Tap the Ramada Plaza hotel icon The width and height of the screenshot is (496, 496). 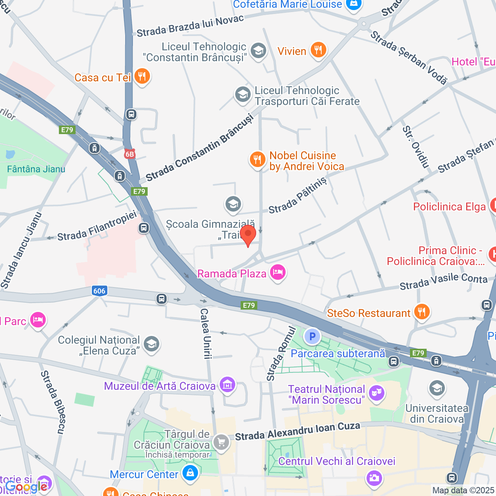(278, 272)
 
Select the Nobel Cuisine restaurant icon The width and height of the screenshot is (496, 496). (257, 160)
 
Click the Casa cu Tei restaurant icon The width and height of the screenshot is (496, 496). (142, 77)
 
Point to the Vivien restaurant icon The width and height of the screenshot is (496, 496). (318, 50)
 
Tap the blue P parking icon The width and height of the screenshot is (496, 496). (312, 336)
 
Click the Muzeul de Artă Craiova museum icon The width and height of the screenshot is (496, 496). (227, 385)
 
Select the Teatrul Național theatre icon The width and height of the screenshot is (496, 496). (376, 393)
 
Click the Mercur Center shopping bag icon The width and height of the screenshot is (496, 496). (190, 473)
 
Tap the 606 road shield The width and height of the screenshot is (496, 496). (99, 291)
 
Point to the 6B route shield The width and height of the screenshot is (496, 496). (129, 154)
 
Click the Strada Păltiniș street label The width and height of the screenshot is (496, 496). (298, 196)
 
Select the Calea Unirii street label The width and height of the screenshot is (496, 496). (205, 333)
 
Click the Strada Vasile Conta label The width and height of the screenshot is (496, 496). (443, 282)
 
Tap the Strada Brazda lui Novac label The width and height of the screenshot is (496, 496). (190, 26)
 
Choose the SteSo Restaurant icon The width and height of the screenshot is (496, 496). (422, 312)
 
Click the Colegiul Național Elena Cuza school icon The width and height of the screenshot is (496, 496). (152, 344)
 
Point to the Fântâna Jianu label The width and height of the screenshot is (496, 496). (36, 169)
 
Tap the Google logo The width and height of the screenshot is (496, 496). (26, 487)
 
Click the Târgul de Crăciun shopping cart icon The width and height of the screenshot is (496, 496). (221, 442)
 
